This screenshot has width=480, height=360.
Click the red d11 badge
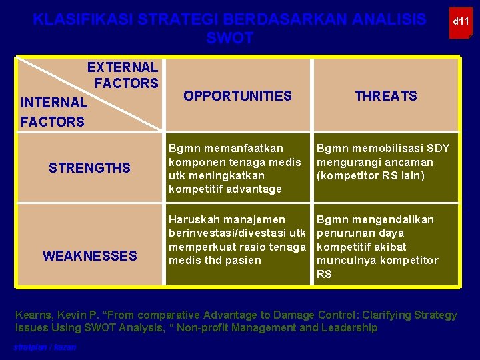[x=461, y=22]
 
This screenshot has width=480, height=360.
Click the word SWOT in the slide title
[x=230, y=39]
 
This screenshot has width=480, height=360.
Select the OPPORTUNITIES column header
[x=237, y=96]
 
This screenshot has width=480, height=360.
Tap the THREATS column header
[x=386, y=96]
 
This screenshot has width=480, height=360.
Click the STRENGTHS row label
[x=89, y=168]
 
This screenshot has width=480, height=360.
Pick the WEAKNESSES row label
[x=89, y=255]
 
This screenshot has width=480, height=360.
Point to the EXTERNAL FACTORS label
[x=123, y=75]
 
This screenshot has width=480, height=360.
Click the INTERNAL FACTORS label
[x=53, y=112]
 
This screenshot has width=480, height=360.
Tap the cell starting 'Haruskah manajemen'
[x=237, y=240]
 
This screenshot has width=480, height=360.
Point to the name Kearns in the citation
[x=35, y=315]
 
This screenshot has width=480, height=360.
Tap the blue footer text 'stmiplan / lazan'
[x=45, y=347]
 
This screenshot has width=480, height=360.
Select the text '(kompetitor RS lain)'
[x=371, y=176]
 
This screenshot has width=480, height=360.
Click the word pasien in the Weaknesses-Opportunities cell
[x=243, y=261]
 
